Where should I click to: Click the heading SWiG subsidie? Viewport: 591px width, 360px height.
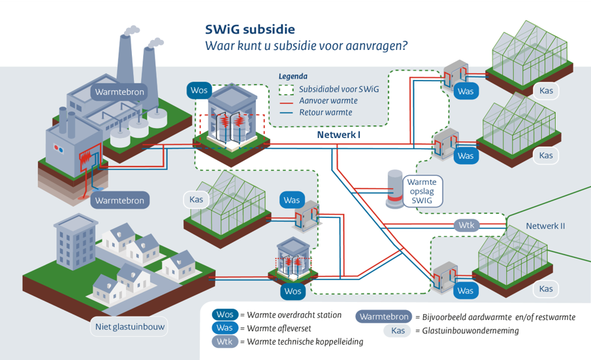point(249,29)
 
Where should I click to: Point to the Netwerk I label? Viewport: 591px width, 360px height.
point(339,135)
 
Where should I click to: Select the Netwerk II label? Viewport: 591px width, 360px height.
point(545,225)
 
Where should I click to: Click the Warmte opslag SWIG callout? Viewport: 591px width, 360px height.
point(422,191)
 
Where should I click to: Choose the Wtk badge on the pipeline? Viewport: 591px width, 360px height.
point(466,225)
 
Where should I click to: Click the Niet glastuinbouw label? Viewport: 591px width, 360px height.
point(129,327)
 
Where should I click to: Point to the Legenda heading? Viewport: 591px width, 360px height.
point(293,77)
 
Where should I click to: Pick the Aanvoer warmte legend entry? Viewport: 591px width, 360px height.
point(328,101)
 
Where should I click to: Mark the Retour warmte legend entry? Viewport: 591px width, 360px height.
point(326,113)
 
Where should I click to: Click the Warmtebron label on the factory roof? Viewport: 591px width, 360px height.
point(119,92)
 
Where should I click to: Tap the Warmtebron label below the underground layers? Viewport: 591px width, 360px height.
point(119,200)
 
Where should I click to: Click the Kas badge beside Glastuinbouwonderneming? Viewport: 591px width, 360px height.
point(398,331)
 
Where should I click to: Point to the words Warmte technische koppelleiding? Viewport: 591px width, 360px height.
point(305,342)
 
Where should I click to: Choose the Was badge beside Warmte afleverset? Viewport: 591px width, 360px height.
point(225,328)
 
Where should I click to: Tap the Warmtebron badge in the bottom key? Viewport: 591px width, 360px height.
point(383,317)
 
